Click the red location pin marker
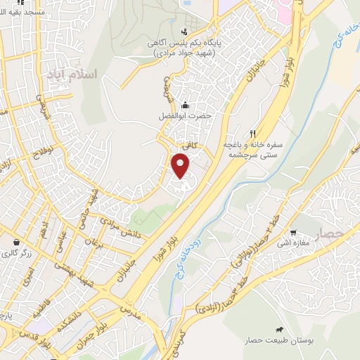coord(181,166)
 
